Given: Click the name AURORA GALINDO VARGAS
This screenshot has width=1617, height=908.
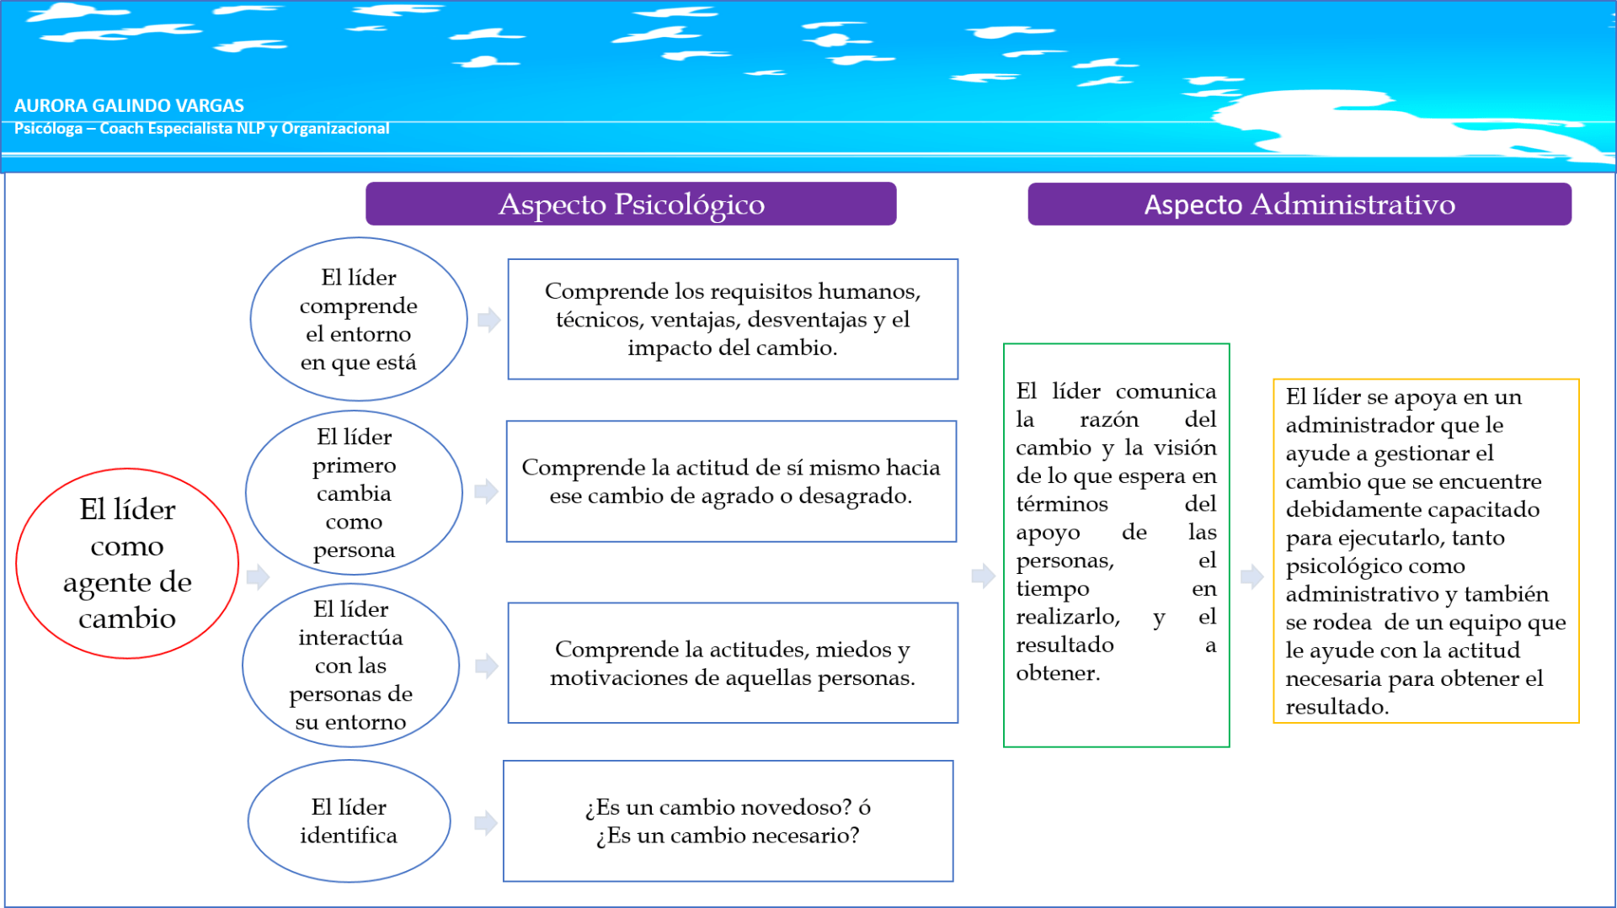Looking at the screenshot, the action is tap(129, 105).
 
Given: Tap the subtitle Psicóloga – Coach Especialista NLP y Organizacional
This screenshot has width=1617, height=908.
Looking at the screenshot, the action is tap(201, 128).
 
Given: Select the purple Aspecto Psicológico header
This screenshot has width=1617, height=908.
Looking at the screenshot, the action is tap(631, 204).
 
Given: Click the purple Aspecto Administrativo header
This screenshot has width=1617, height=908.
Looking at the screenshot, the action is tap(1299, 204).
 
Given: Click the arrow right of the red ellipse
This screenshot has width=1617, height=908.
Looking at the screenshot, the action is tap(258, 576).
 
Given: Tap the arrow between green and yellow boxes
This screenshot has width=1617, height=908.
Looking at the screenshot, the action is tap(1252, 576).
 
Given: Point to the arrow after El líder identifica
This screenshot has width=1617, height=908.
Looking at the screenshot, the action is tap(486, 823).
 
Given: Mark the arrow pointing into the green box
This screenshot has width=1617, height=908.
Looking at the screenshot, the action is tap(984, 576).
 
